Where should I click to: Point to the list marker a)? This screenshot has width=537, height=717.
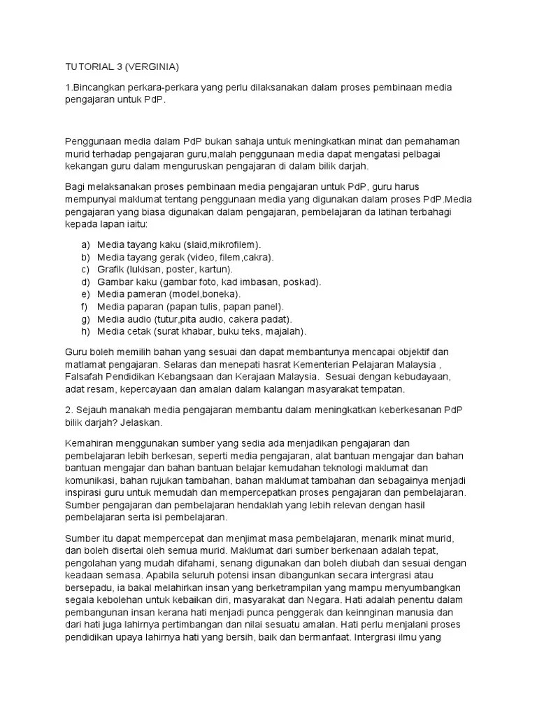[x=85, y=244]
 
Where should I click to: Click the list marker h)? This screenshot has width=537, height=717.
[x=85, y=331]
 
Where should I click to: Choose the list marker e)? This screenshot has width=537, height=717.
[x=85, y=294]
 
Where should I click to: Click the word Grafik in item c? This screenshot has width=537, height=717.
[x=110, y=269]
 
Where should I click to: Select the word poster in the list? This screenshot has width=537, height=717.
[x=183, y=269]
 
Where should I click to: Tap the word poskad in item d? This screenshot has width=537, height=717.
[x=302, y=281]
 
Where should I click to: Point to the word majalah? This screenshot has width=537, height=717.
[x=283, y=331]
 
